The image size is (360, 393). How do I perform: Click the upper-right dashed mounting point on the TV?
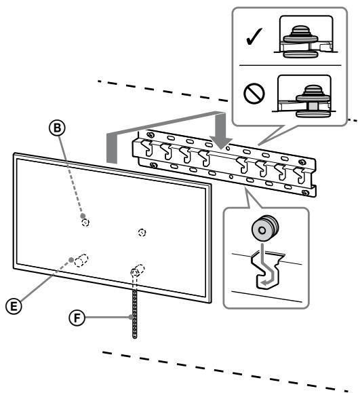tap(141, 231)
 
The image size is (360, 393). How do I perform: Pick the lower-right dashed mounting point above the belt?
tap(136, 269)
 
